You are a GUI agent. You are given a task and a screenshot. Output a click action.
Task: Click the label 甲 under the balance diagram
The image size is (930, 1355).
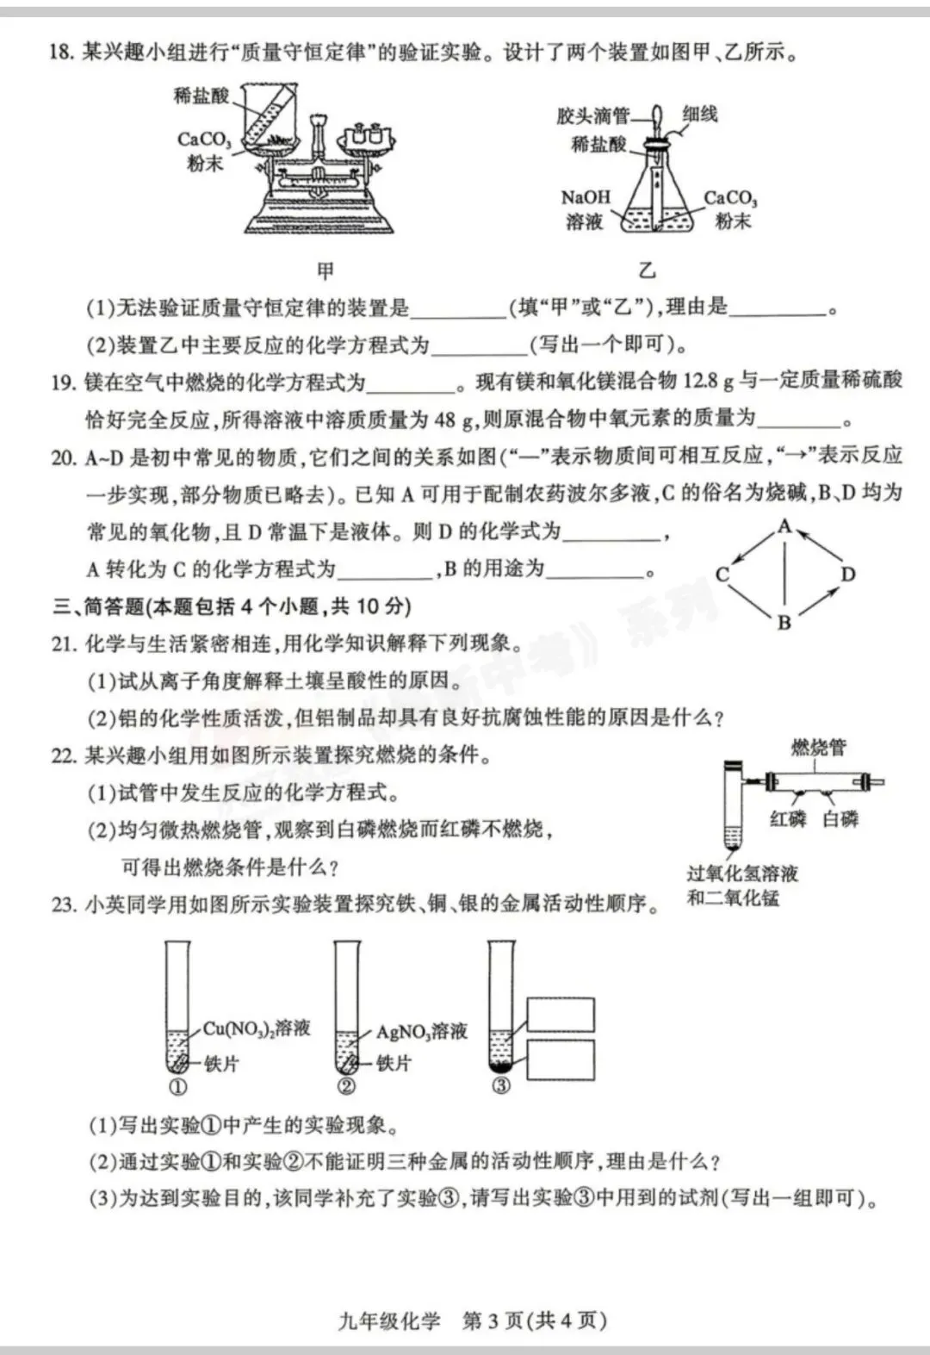tap(325, 271)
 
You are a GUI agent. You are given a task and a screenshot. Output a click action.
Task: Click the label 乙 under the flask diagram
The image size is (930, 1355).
tap(647, 270)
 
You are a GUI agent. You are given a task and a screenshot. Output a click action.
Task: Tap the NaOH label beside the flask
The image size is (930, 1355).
tap(586, 198)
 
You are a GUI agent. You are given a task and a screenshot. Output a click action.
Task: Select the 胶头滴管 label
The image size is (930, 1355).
tap(593, 115)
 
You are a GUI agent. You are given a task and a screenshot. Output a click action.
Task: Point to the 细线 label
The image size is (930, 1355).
tap(699, 115)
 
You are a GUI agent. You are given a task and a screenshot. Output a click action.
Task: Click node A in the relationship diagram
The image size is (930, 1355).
tap(784, 526)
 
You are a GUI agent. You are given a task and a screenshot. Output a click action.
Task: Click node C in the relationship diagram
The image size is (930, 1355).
tap(722, 575)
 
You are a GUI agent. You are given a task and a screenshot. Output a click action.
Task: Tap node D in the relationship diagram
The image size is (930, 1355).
tap(848, 575)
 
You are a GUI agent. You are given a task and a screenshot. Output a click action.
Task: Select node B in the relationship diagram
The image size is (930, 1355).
tap(784, 623)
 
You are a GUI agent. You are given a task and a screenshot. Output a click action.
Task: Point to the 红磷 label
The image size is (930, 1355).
tap(787, 819)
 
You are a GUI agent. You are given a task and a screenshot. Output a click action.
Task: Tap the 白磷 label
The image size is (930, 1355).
tap(840, 819)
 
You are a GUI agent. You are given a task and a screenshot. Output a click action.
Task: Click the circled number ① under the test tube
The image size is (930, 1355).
tap(178, 1086)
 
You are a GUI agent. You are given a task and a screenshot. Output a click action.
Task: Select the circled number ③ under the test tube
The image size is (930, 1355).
tap(501, 1086)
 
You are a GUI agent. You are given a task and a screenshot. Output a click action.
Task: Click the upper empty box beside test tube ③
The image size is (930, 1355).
tap(561, 1015)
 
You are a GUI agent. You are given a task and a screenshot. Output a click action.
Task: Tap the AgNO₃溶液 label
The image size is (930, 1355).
tap(421, 1032)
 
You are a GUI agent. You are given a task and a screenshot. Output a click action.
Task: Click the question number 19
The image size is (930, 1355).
tap(63, 382)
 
